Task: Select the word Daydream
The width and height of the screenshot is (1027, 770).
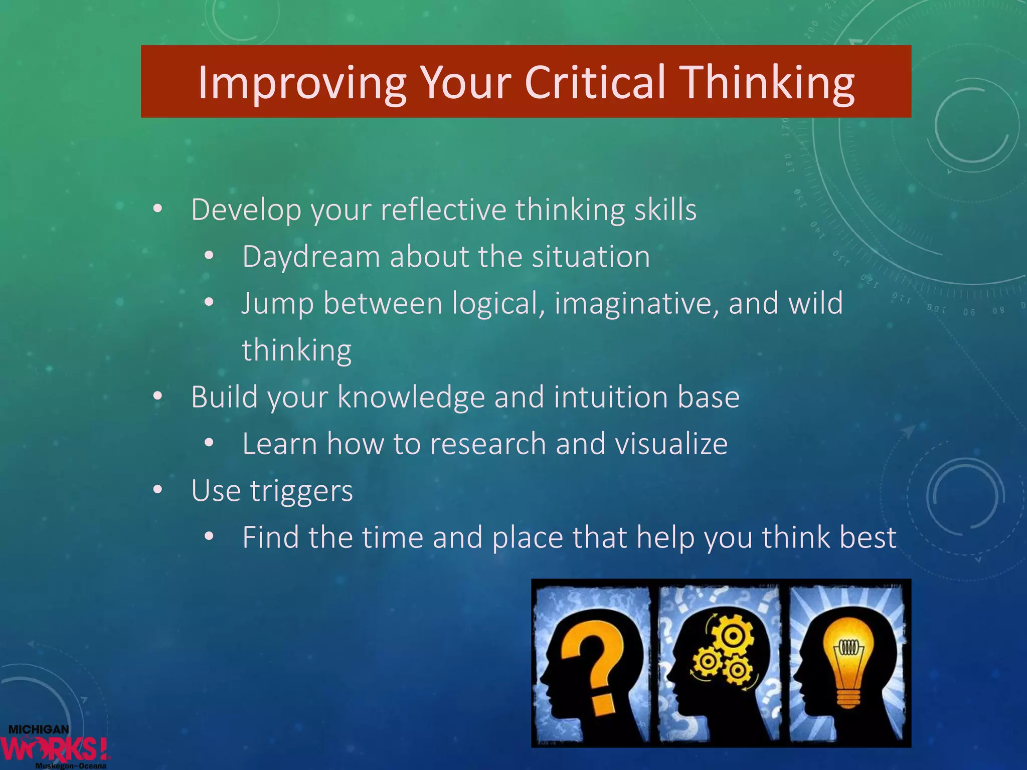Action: (311, 257)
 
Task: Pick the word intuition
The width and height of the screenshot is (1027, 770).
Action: (611, 397)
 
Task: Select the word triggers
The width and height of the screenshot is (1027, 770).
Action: (301, 491)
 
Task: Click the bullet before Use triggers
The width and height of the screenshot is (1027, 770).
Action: (158, 490)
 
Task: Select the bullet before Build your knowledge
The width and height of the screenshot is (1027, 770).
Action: (158, 397)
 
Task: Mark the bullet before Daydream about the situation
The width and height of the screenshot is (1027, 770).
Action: (209, 257)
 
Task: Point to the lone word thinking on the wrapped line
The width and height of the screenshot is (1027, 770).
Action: (297, 350)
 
